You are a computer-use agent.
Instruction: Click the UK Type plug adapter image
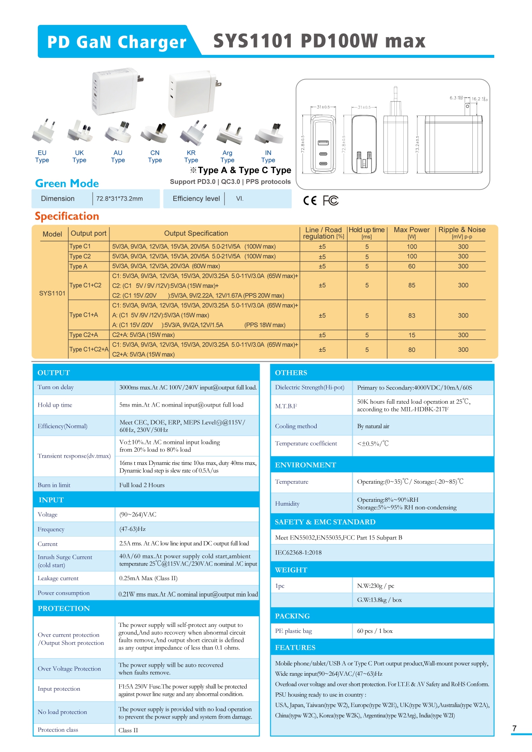[x=79, y=132]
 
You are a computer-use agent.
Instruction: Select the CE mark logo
[x=310, y=201]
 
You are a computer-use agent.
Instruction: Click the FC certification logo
[x=330, y=201]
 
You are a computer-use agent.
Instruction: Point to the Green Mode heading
[x=67, y=183]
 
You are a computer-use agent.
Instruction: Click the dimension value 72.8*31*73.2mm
[x=119, y=199]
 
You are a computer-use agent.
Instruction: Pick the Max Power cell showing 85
[x=411, y=285]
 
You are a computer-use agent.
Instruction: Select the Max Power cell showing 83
[x=411, y=316]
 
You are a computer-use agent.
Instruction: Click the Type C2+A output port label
[x=84, y=335]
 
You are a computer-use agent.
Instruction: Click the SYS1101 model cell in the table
[x=52, y=294]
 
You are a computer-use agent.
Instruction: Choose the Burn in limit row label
[x=54, y=485]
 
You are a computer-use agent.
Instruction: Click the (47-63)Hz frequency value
[x=133, y=529]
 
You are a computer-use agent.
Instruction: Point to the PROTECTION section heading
[x=64, y=608]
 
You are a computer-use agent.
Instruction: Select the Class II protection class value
[x=128, y=730]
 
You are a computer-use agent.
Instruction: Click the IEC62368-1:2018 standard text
[x=298, y=553]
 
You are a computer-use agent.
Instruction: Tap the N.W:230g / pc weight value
[x=375, y=586]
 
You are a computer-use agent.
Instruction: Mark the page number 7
[x=514, y=728]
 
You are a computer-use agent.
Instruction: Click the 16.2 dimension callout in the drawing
[x=476, y=99]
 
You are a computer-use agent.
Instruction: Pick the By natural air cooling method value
[x=373, y=426]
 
